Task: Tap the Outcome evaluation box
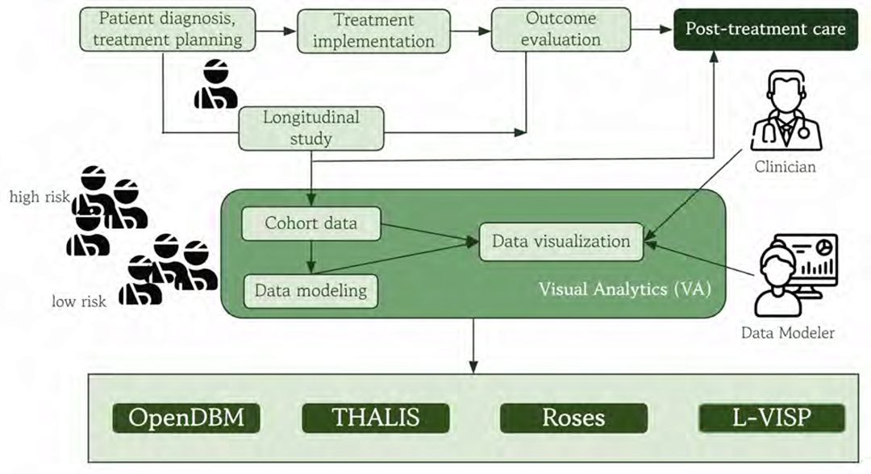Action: pyautogui.click(x=562, y=30)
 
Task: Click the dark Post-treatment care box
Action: pyautogui.click(x=765, y=30)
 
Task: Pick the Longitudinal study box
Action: pyautogui.click(x=311, y=128)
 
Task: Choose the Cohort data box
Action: pyautogui.click(x=311, y=223)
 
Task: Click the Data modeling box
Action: pyautogui.click(x=311, y=289)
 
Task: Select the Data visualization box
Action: pyautogui.click(x=561, y=241)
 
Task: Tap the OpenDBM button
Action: pyautogui.click(x=186, y=418)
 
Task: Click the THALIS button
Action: pyautogui.click(x=376, y=418)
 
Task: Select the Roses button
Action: pyautogui.click(x=573, y=418)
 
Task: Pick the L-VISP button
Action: pyautogui.click(x=771, y=418)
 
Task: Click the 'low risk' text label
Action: pyautogui.click(x=75, y=301)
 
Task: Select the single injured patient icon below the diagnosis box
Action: pyautogui.click(x=216, y=85)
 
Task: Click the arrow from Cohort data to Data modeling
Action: pyautogui.click(x=311, y=256)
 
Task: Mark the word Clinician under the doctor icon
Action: pyautogui.click(x=785, y=168)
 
